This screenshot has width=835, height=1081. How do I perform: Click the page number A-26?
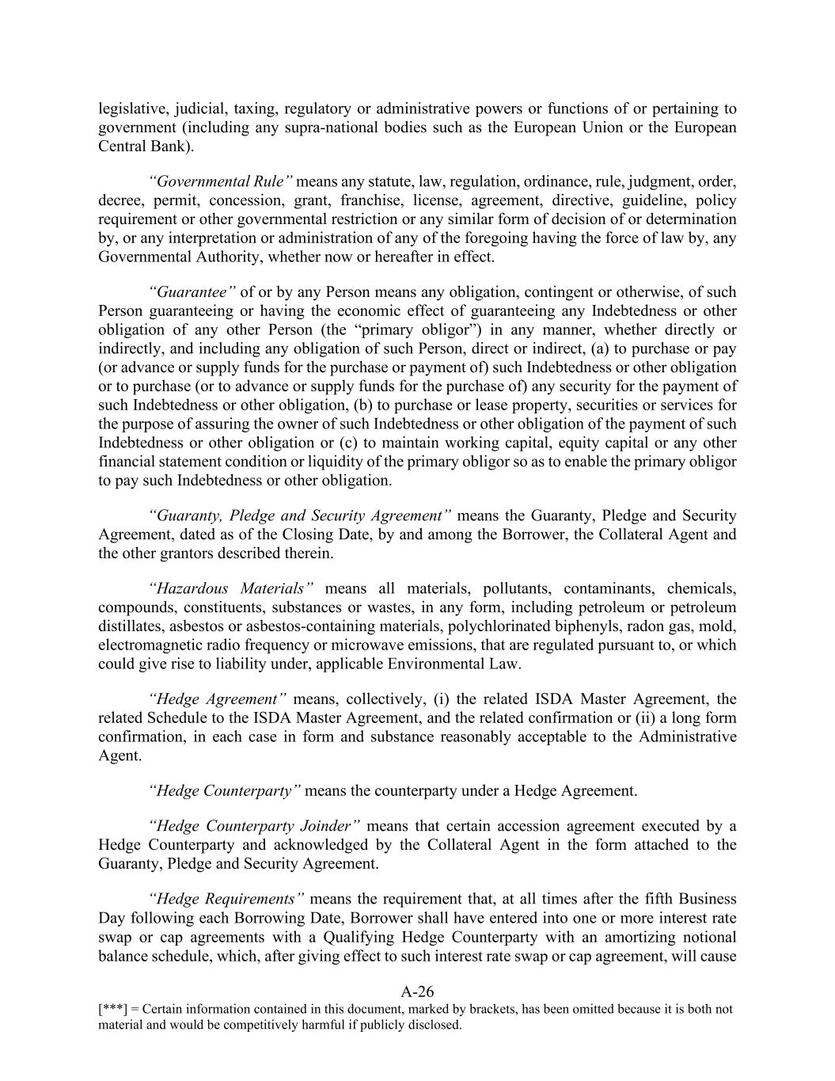tap(417, 992)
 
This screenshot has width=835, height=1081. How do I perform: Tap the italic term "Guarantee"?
tap(192, 292)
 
